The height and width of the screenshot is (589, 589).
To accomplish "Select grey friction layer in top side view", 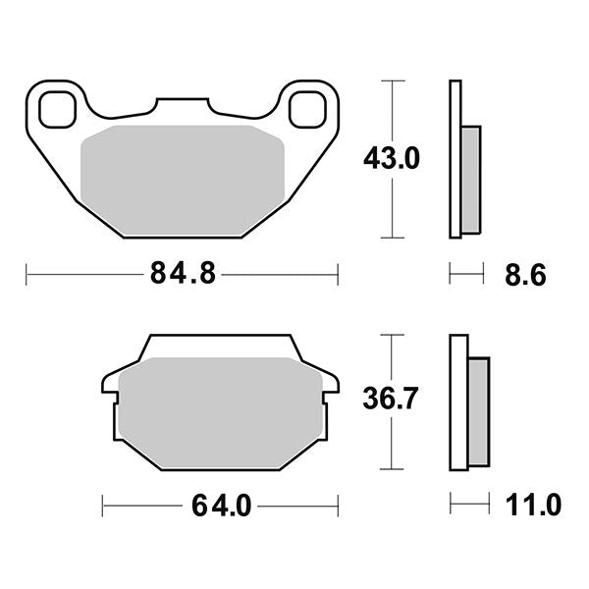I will point(471,180).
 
